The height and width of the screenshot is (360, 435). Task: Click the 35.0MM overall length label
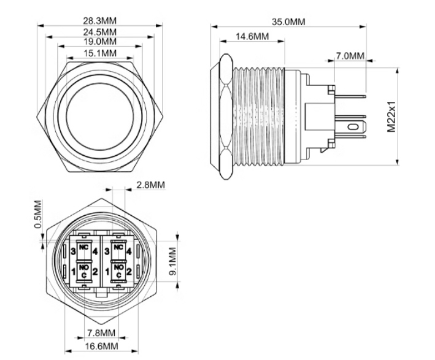(x=288, y=21)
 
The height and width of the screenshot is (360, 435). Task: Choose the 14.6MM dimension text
(x=252, y=37)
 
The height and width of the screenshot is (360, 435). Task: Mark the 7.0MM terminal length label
(x=350, y=56)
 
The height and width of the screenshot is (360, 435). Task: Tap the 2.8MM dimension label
(x=150, y=185)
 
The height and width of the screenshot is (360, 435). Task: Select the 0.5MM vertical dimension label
(x=38, y=214)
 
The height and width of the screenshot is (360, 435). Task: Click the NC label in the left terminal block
(x=83, y=247)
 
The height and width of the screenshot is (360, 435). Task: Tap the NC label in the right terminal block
(x=119, y=247)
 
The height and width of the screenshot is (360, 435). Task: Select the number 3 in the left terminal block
(x=73, y=251)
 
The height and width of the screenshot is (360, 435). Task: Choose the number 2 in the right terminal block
(x=129, y=272)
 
